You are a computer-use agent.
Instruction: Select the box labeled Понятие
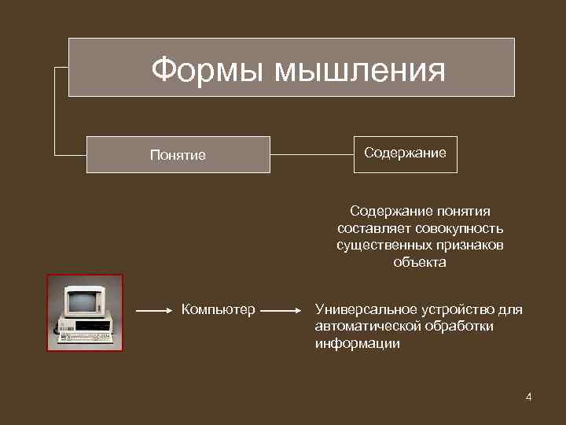pyautogui.click(x=178, y=155)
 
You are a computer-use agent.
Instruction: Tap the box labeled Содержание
pyautogui.click(x=405, y=153)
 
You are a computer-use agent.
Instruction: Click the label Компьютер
pyautogui.click(x=218, y=310)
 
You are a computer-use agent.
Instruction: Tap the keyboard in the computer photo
pyautogui.click(x=84, y=338)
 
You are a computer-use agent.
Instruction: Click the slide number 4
pyautogui.click(x=529, y=397)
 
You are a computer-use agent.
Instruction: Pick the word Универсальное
pyautogui.click(x=362, y=309)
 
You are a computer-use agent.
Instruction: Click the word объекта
pyautogui.click(x=420, y=263)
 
